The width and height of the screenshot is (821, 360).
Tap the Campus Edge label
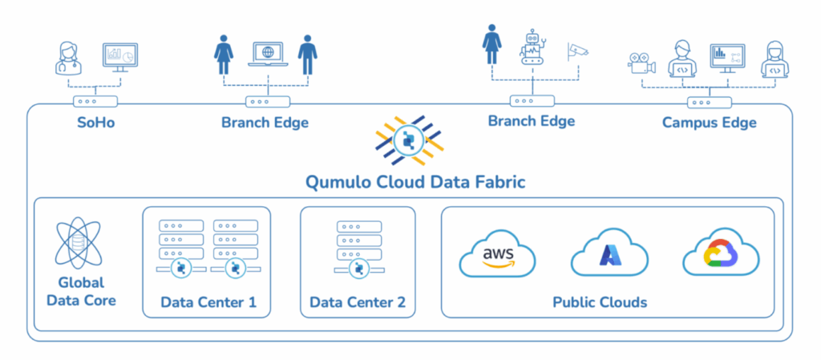pyautogui.click(x=709, y=123)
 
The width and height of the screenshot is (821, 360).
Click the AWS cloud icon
pyautogui.click(x=497, y=255)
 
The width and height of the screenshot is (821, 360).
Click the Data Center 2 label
pyautogui.click(x=358, y=303)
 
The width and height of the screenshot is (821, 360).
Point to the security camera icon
pyautogui.click(x=577, y=51)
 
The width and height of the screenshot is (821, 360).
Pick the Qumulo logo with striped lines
pyautogui.click(x=409, y=140)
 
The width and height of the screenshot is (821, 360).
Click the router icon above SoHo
pyautogui.click(x=95, y=102)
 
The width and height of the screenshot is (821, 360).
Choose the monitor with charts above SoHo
pyautogui.click(x=120, y=56)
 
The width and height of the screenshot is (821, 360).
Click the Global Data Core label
pyautogui.click(x=81, y=292)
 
